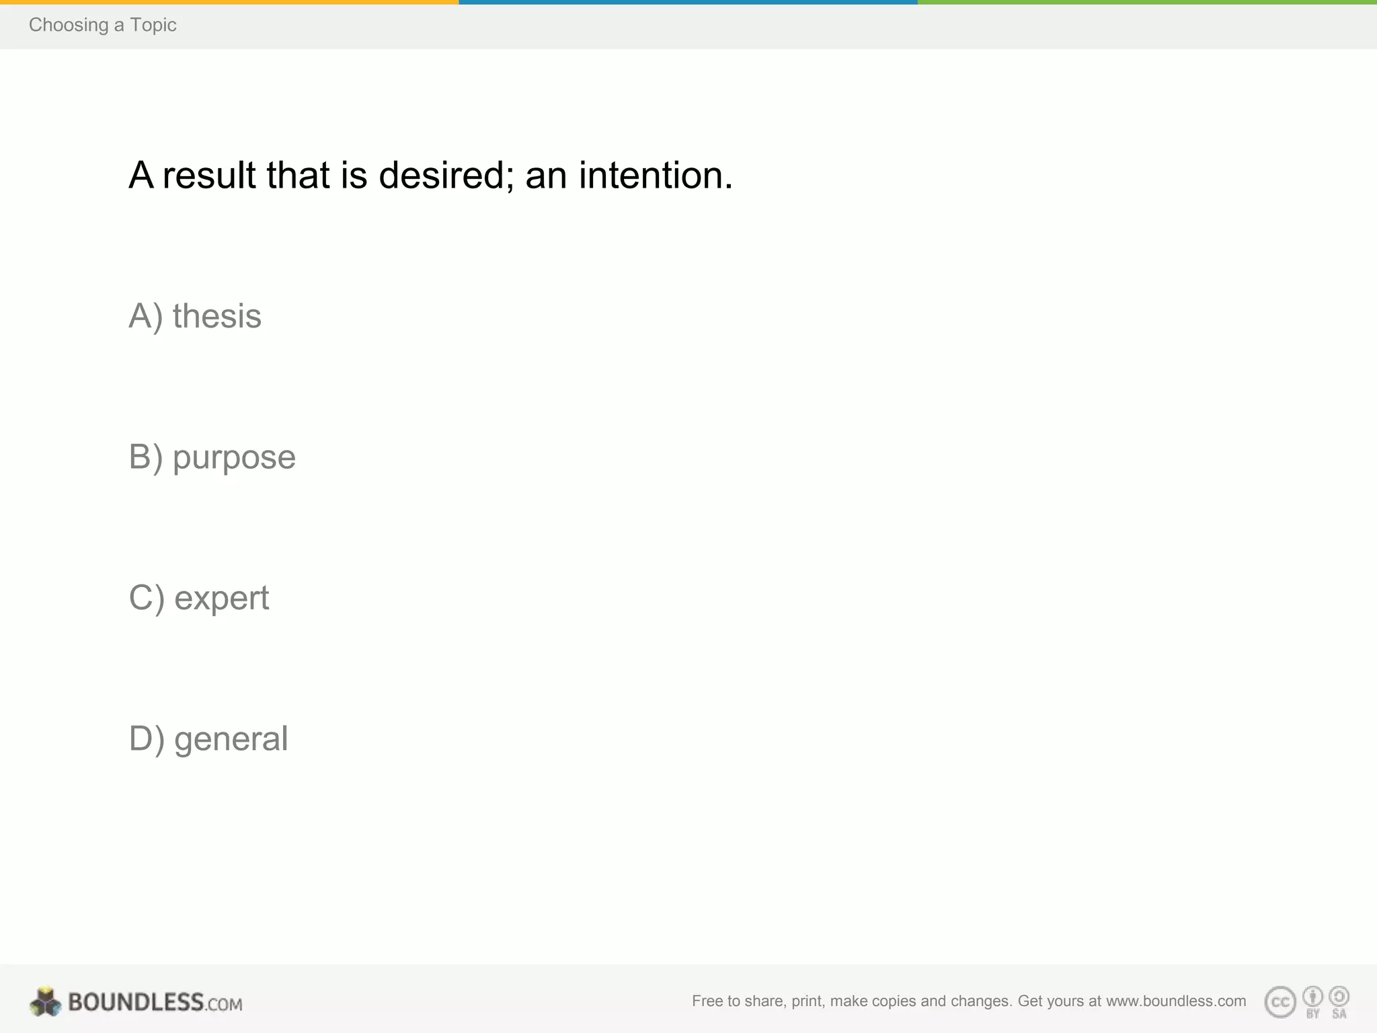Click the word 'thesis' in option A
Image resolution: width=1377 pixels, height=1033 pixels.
point(217,316)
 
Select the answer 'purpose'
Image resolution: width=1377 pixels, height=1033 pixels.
point(234,458)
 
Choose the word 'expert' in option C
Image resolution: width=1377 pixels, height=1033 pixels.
point(221,598)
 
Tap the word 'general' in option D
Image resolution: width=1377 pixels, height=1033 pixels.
point(231,739)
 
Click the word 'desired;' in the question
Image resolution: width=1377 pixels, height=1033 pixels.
point(446,176)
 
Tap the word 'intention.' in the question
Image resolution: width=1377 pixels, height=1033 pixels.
point(656,176)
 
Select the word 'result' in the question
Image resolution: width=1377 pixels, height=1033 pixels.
point(209,176)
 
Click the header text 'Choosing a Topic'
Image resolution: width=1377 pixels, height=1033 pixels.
point(102,25)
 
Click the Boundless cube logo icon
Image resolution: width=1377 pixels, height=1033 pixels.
point(45,1002)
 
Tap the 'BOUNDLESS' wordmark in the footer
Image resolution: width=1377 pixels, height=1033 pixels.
point(136,1002)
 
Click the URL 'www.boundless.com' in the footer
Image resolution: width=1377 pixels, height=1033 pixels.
point(1176,1001)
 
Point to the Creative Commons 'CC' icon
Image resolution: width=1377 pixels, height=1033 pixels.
point(1280,1002)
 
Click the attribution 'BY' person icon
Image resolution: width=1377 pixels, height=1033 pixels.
point(1312,997)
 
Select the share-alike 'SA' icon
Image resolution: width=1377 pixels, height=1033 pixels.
point(1339,997)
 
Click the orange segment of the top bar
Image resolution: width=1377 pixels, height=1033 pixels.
point(229,2)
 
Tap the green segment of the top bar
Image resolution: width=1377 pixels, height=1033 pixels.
point(1147,2)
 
